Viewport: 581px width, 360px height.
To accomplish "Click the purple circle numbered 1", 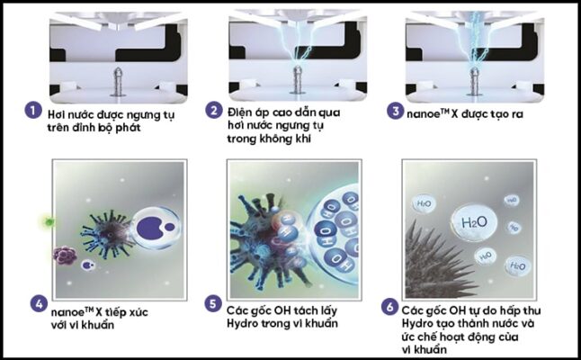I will click(33, 112).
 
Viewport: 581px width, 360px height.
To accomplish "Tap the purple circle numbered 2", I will click(213, 112).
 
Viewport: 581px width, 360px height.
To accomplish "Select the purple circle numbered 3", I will click(395, 112).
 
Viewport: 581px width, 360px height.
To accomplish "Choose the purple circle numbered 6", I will click(391, 303).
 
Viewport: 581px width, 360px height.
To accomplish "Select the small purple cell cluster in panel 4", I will click(66, 256).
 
